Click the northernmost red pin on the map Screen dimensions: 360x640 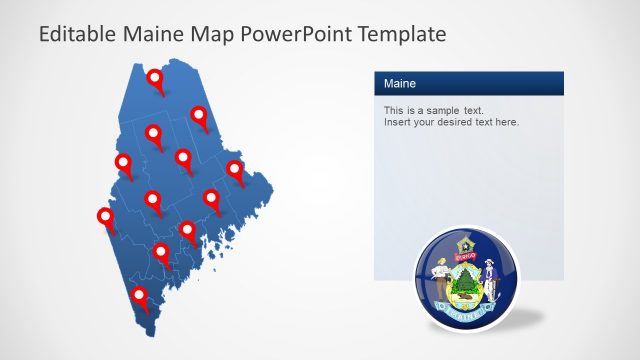(155, 79)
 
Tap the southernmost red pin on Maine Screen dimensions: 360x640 (139, 296)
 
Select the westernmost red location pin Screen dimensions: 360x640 (105, 217)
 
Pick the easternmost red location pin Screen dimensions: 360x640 (235, 169)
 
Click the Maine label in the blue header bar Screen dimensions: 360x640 (400, 84)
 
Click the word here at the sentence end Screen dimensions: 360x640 (506, 122)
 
